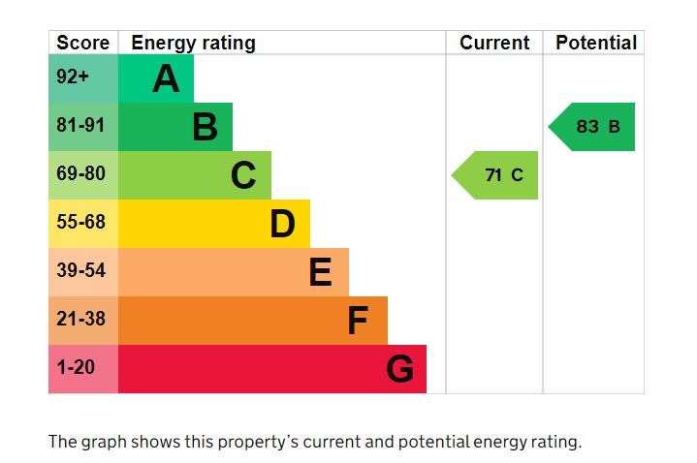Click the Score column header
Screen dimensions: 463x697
(82, 43)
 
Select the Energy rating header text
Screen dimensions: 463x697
(193, 43)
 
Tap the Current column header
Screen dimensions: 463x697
(494, 43)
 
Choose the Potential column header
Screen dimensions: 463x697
(595, 43)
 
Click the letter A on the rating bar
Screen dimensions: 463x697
(166, 79)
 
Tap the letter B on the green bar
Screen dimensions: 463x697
(205, 127)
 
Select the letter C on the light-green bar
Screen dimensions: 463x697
(243, 176)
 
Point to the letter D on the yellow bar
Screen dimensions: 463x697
(282, 225)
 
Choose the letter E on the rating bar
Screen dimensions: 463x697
(320, 273)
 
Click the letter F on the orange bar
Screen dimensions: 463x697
(358, 322)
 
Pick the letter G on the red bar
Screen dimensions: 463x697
(399, 369)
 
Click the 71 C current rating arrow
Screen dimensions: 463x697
(497, 175)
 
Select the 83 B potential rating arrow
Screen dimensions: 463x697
(594, 127)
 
